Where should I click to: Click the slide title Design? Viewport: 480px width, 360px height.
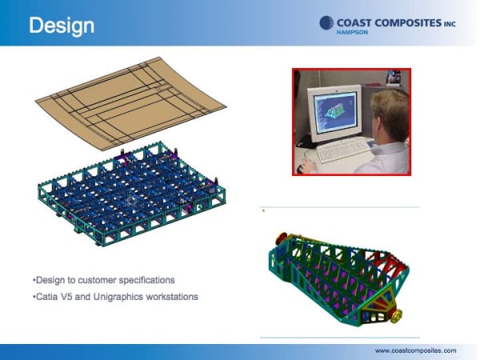tap(62, 26)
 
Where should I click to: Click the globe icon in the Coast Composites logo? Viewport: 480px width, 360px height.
tap(326, 23)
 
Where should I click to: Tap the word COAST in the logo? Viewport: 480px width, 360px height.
tap(354, 23)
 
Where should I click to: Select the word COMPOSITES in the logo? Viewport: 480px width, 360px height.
tap(408, 23)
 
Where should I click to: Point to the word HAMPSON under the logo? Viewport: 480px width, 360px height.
tap(352, 33)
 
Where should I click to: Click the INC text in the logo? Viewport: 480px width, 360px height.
tap(450, 24)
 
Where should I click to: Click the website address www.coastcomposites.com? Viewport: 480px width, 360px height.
tap(415, 350)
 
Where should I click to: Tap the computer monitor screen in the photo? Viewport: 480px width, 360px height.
tap(336, 114)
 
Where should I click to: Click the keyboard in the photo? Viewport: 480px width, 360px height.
tap(344, 150)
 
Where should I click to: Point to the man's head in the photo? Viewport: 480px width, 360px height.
tap(390, 115)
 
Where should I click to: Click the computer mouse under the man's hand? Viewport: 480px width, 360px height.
tap(299, 168)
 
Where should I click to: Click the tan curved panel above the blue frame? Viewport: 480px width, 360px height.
tap(131, 103)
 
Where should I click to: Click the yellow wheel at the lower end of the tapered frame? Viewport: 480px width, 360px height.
tap(397, 316)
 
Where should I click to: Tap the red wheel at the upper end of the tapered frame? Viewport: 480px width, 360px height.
tap(282, 238)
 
